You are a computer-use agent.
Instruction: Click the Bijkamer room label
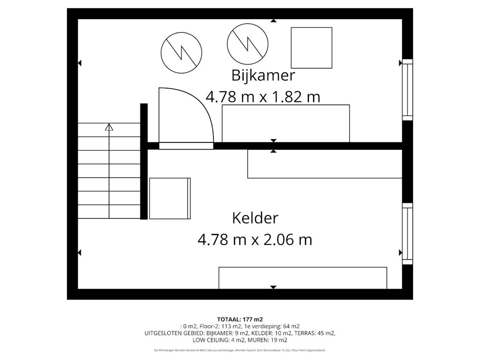coord(263,75)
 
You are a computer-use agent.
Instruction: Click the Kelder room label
coord(255,218)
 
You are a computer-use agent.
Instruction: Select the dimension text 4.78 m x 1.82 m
coord(263,97)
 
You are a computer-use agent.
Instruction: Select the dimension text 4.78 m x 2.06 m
coord(255,240)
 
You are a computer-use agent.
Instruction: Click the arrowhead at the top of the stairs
coord(109,127)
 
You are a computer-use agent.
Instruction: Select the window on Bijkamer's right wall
coord(407,90)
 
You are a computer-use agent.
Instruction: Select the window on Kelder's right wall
coord(407,233)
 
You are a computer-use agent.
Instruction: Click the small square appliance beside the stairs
coord(170,198)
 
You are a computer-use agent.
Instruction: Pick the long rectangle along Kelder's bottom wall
coord(303,278)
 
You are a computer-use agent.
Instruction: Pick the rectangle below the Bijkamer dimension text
coord(285,123)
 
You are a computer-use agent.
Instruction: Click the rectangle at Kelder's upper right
coord(324,164)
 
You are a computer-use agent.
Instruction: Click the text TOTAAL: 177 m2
coord(240,319)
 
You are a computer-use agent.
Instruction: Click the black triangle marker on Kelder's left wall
coord(79,253)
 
